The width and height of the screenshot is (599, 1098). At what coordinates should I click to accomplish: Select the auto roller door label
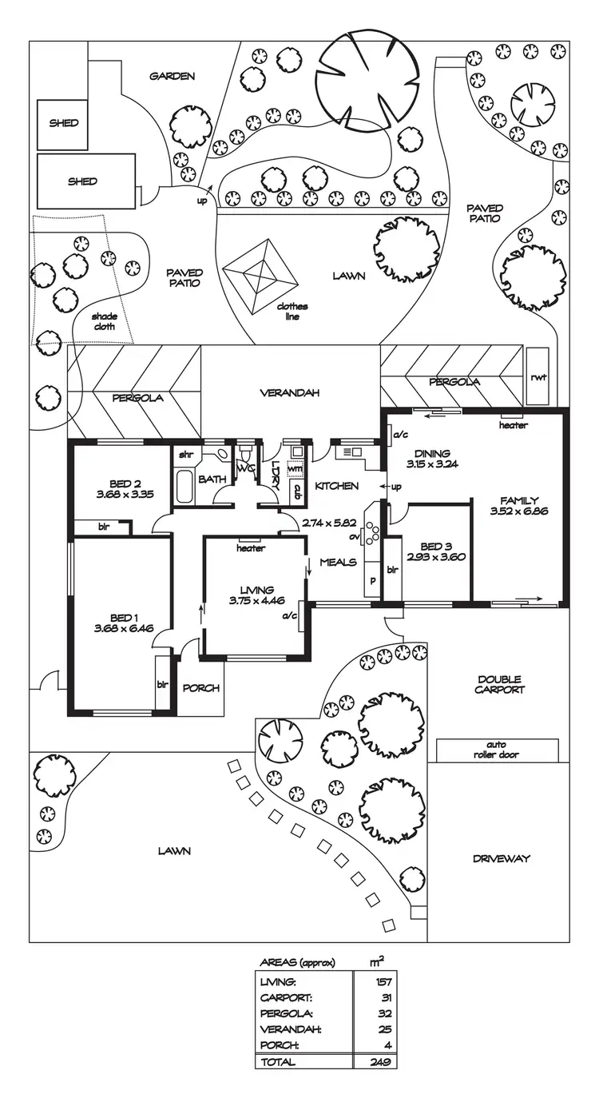coord(496,750)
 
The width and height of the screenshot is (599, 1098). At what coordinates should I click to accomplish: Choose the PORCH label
coord(200,688)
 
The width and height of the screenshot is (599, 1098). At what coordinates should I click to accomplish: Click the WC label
coord(245,468)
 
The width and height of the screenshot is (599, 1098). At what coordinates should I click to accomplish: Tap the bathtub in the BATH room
coord(183,487)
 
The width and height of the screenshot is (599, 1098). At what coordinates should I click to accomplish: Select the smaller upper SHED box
coord(63,124)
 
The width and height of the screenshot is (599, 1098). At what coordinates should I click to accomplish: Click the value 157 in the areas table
coord(381,981)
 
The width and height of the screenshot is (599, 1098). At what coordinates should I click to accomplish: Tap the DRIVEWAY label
coord(501,859)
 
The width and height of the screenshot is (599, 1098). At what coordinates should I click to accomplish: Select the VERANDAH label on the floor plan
coord(290,393)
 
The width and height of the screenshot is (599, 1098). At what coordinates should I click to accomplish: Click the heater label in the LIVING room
coord(251,548)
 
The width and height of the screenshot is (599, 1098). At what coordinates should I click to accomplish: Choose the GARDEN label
coord(172,77)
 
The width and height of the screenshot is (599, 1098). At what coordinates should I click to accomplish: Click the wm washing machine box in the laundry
coord(296,468)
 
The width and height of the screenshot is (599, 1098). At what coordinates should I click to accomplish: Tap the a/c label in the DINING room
coord(398,436)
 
